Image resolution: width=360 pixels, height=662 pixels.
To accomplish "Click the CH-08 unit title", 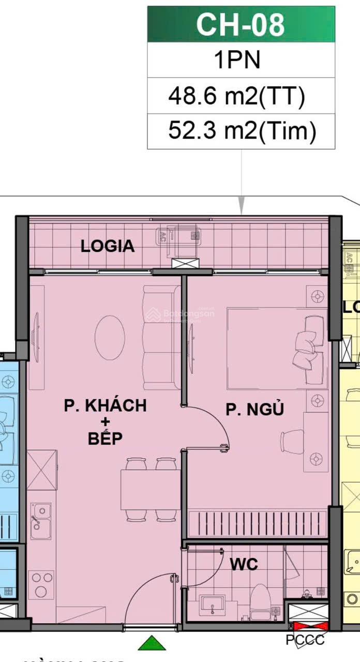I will tap(241, 24).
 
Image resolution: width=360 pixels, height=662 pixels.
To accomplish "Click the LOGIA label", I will tap(108, 246).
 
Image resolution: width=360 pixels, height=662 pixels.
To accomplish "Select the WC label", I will tap(244, 564).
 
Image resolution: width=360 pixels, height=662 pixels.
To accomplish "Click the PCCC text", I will tap(305, 640).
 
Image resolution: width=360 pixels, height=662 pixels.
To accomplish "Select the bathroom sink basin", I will tap(211, 605).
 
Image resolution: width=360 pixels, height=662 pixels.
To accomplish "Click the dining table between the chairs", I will tap(150, 489).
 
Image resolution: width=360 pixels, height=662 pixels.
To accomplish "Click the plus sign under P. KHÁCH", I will tap(105, 423).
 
